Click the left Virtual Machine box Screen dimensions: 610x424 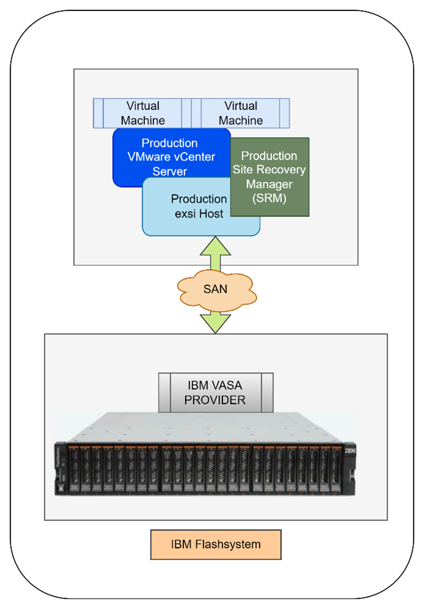pyautogui.click(x=142, y=113)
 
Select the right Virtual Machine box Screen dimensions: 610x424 pyautogui.click(x=240, y=113)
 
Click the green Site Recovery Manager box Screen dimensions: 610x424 pyautogui.click(x=269, y=177)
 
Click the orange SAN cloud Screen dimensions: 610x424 pyautogui.click(x=215, y=288)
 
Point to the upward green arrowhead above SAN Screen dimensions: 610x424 pyautogui.click(x=215, y=246)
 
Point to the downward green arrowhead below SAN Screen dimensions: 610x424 pyautogui.click(x=215, y=324)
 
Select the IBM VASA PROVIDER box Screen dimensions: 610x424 pyautogui.click(x=215, y=392)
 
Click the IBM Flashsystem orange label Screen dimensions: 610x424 pyautogui.click(x=216, y=545)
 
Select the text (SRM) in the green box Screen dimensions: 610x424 pyautogui.click(x=269, y=198)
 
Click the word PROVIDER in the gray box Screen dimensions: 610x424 pyautogui.click(x=215, y=400)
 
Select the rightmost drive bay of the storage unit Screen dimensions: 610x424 pyautogui.click(x=335, y=470)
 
